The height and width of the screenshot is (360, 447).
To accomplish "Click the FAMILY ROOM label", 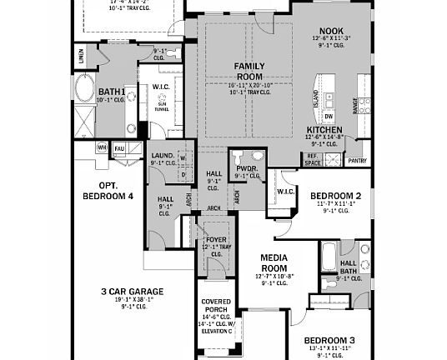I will pyautogui.click(x=248, y=70).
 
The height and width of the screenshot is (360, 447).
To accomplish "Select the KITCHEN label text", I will pyautogui.click(x=324, y=130).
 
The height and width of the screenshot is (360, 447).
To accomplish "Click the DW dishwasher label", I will pyautogui.click(x=329, y=116).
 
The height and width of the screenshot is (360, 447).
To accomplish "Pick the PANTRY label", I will pyautogui.click(x=357, y=160).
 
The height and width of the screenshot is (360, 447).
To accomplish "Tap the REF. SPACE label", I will pyautogui.click(x=313, y=159).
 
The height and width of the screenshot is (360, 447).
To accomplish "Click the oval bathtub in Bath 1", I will pyautogui.click(x=85, y=88).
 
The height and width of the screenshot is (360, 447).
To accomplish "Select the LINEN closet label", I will pyautogui.click(x=81, y=57).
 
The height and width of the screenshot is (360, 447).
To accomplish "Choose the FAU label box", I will pyautogui.click(x=119, y=147).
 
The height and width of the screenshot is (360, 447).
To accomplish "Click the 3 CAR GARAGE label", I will pyautogui.click(x=133, y=291).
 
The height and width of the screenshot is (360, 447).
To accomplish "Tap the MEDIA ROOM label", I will pyautogui.click(x=274, y=262).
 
